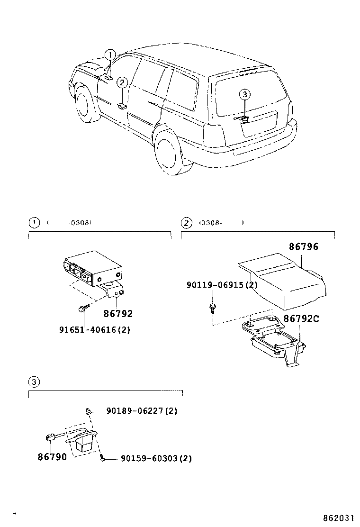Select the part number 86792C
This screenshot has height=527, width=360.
[x=301, y=318]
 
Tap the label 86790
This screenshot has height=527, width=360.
[x=52, y=457]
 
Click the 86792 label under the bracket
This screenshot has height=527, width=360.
[x=118, y=314]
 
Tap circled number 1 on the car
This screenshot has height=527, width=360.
[x=110, y=55]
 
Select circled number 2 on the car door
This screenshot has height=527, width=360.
[x=122, y=83]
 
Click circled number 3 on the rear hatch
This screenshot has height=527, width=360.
[x=244, y=95]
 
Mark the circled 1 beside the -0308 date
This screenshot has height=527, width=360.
[x=34, y=222]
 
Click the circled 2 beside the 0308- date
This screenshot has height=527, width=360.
[x=187, y=222]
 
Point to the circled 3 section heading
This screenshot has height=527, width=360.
[x=34, y=382]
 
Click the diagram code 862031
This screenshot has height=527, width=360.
[x=339, y=518]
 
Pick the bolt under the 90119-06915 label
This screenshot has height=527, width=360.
[x=212, y=308]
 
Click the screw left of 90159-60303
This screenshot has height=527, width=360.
[x=102, y=458]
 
